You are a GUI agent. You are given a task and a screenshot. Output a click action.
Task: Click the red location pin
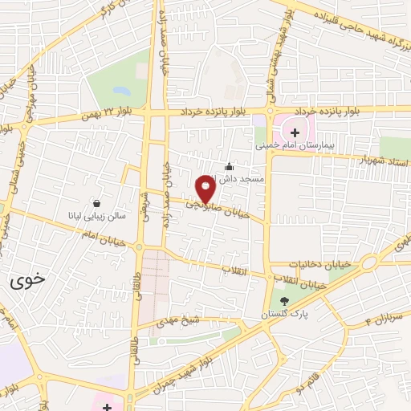click(x=206, y=188)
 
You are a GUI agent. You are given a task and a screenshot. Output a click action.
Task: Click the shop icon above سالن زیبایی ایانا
click(x=97, y=204)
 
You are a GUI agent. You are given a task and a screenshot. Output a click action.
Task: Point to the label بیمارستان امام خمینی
click(x=293, y=146)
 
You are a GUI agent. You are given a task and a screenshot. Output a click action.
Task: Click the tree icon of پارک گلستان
click(x=283, y=302)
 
